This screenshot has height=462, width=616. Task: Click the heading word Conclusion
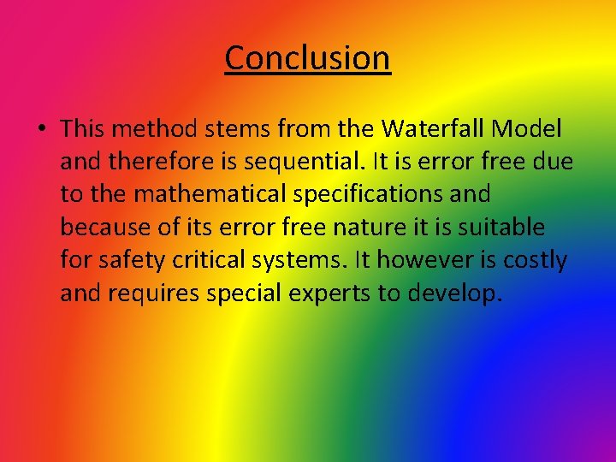click(x=307, y=58)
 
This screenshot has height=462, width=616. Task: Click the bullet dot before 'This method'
click(x=40, y=130)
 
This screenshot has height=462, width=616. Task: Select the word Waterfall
click(x=436, y=129)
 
